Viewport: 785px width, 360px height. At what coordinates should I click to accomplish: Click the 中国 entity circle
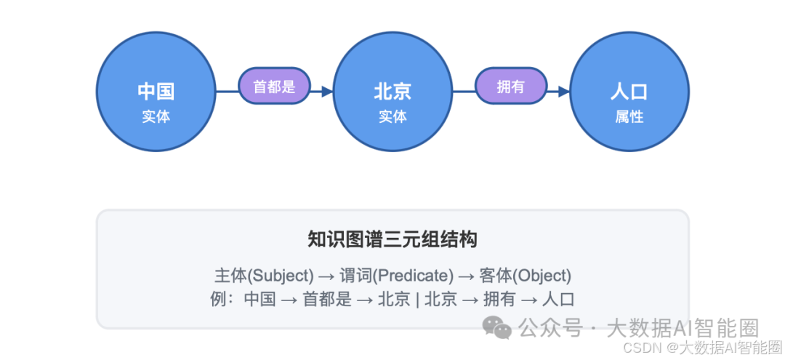point(156,92)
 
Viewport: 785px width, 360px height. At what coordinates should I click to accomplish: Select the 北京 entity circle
point(392,92)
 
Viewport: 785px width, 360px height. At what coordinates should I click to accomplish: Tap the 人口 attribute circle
point(629,92)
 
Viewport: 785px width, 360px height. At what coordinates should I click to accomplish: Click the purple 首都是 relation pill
point(274,87)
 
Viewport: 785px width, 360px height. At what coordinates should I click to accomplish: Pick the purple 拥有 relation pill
point(510,87)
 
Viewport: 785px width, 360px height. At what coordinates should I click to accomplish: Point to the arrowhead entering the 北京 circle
point(326,92)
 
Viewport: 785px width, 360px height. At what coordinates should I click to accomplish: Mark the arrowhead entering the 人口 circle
point(563,92)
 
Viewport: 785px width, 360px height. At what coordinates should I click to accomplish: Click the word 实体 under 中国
point(156,116)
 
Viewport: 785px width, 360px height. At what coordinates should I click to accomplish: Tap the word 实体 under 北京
point(392,116)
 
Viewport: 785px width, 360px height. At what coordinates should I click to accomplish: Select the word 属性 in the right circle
point(629,116)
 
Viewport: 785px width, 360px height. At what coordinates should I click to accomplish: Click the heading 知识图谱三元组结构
point(392,240)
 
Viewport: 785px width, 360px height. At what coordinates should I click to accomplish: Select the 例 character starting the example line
point(217,299)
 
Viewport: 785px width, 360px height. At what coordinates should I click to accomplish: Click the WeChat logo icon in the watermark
point(498,328)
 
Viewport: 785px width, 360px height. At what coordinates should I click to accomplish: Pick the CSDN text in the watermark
point(642,348)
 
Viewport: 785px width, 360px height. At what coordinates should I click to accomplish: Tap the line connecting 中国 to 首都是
point(227,92)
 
